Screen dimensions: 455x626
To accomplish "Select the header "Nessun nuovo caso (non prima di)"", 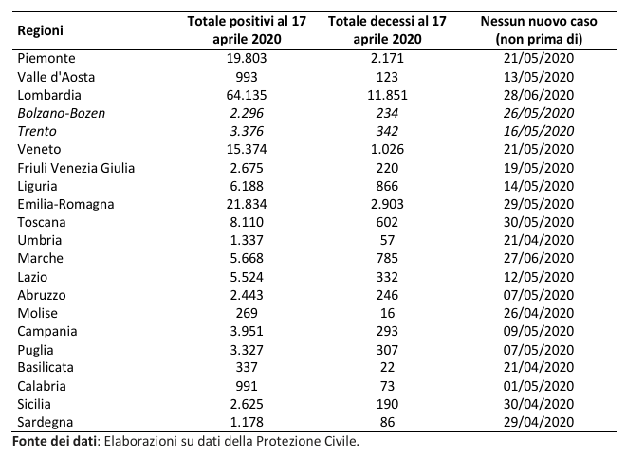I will pos(539,29).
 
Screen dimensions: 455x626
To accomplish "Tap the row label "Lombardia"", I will pos(49,95).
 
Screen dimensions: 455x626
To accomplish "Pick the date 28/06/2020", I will pos(539,95).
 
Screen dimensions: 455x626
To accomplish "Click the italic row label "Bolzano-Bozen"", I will pos(62,113).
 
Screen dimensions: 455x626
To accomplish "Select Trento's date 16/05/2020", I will pos(539,131).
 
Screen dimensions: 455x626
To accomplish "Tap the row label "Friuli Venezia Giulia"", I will pos(76,167).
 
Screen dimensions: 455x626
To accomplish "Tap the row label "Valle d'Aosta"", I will pos(56,77).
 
